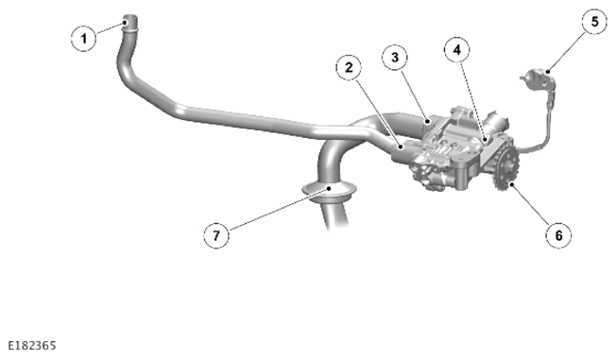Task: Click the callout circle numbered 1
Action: pos(84,39)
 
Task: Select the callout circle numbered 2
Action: pos(349,68)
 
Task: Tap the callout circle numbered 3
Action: pos(395,58)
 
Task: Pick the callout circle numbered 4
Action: pos(457,50)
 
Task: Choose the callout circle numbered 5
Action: pos(594,22)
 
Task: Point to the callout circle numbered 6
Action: pos(558,235)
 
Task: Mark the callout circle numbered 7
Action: pos(216,235)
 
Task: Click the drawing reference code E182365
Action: pos(32,346)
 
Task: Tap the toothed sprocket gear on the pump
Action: pos(506,170)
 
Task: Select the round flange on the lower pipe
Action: pos(329,192)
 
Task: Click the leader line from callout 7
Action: pos(279,209)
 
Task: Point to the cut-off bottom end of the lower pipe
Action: pos(338,226)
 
